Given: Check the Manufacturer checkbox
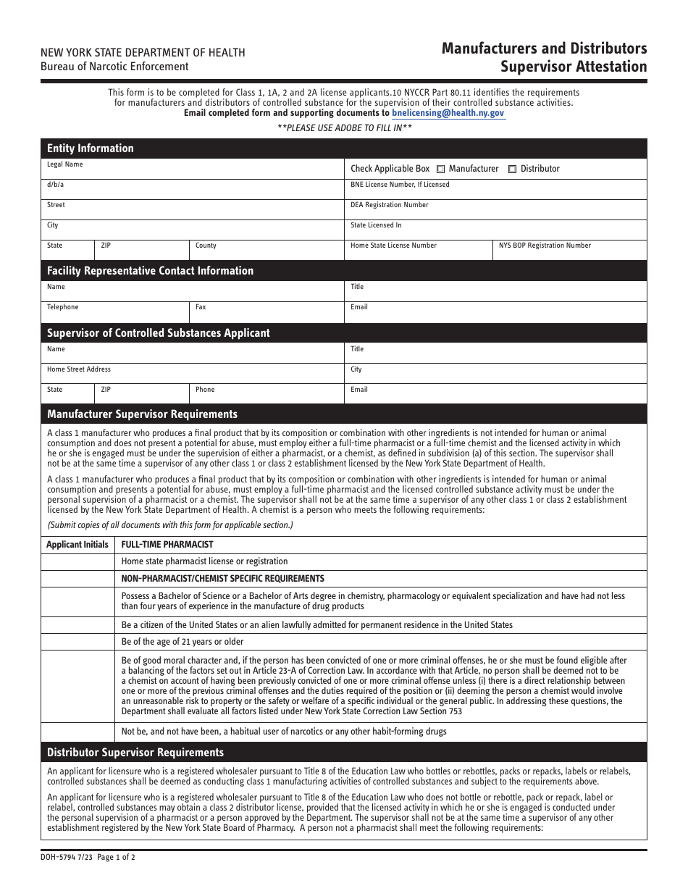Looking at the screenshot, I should click(x=441, y=170).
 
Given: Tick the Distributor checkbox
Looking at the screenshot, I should click(x=513, y=170).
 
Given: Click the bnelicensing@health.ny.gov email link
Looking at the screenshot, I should click(x=448, y=113).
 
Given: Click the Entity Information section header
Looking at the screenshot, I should click(x=91, y=148).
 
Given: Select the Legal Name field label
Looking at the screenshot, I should click(x=65, y=164).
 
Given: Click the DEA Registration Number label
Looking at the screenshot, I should click(x=390, y=205).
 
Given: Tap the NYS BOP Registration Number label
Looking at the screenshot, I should click(x=545, y=246).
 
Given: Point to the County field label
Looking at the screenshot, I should click(x=206, y=246).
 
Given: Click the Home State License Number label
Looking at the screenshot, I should click(x=393, y=246).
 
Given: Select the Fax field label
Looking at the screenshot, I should click(x=201, y=307).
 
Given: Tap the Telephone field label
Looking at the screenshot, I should click(x=63, y=307).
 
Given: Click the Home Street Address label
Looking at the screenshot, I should click(x=79, y=369).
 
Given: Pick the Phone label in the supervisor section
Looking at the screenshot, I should click(x=205, y=390).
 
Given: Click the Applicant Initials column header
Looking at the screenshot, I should click(x=77, y=545).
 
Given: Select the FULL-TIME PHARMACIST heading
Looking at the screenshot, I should click(x=167, y=545).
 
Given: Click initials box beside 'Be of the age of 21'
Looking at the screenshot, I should click(x=77, y=642).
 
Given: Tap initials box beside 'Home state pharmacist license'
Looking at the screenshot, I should click(x=77, y=561).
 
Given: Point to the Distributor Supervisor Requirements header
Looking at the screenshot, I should click(x=135, y=753).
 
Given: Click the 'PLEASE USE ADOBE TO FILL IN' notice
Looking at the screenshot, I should click(x=345, y=127).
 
